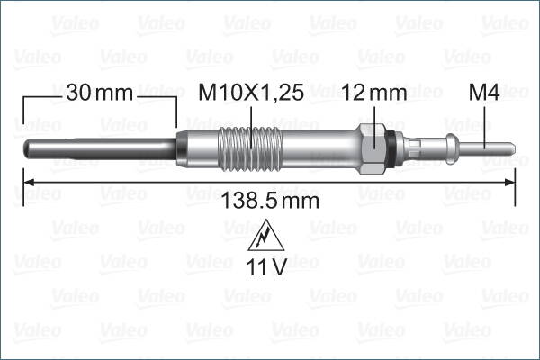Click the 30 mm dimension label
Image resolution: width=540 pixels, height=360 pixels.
99,92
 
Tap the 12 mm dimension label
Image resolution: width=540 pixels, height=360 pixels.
374,92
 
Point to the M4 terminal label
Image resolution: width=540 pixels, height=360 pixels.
484,92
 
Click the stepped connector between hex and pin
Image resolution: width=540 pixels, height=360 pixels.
432,146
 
